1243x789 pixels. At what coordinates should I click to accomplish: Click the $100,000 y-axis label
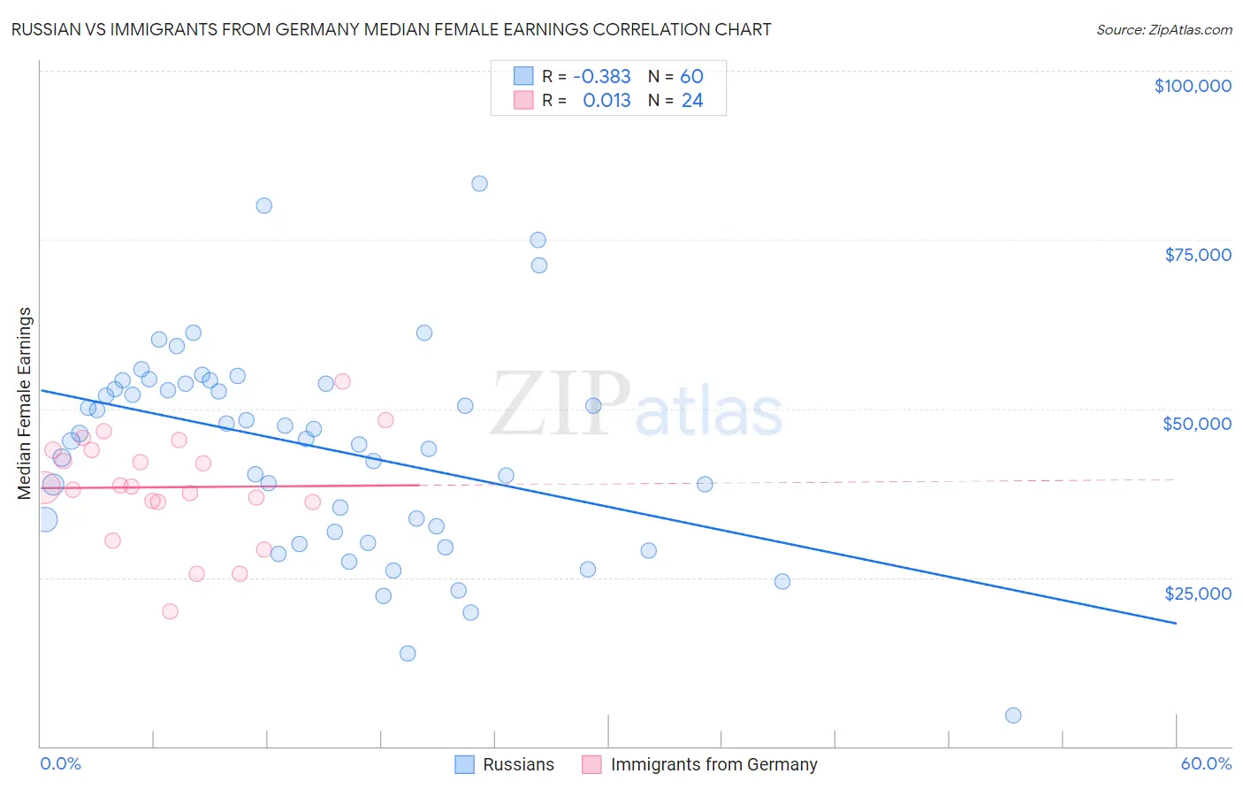click(x=1193, y=86)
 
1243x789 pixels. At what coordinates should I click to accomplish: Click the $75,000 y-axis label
click(x=1198, y=255)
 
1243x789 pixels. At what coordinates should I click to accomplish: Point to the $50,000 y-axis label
click(x=1197, y=424)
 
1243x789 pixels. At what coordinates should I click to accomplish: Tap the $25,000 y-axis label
click(x=1198, y=593)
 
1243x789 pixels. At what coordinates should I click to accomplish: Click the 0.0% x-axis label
click(x=60, y=763)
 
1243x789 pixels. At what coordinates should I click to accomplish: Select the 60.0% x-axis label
click(x=1206, y=763)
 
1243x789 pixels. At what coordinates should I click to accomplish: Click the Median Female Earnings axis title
click(x=25, y=403)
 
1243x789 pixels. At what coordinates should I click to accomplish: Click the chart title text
click(x=391, y=29)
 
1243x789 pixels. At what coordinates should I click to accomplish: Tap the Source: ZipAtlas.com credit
click(x=1163, y=30)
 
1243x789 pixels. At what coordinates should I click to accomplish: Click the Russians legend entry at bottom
click(x=518, y=764)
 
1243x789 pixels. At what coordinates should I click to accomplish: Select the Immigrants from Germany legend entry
click(x=713, y=764)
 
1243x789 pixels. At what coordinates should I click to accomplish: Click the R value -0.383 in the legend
click(x=602, y=76)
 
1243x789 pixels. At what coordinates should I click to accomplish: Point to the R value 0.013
click(x=606, y=101)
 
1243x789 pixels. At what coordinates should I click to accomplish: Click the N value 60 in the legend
click(x=691, y=76)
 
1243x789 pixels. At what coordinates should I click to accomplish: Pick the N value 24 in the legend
click(x=692, y=101)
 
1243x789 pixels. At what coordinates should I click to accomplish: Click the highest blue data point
click(x=479, y=184)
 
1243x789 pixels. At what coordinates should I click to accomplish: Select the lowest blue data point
click(x=1013, y=716)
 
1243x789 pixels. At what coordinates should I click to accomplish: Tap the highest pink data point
click(x=343, y=381)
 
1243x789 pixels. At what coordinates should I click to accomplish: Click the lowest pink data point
click(x=170, y=611)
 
